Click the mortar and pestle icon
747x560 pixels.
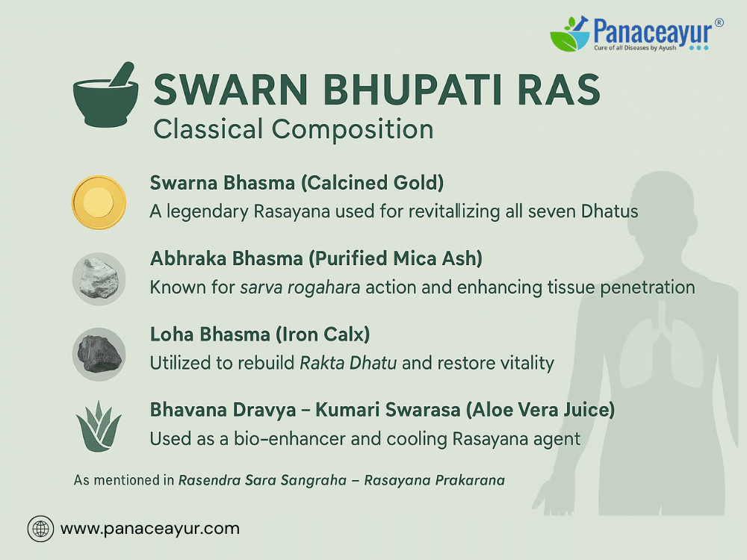(x=105, y=96)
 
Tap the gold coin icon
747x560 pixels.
(x=99, y=202)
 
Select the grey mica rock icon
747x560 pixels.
(x=99, y=279)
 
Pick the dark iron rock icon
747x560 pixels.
(x=99, y=354)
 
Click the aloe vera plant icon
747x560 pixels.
(x=99, y=426)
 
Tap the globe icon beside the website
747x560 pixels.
(x=40, y=529)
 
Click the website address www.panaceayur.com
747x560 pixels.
(x=149, y=529)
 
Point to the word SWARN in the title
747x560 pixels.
(x=231, y=90)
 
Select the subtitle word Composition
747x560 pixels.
(x=353, y=129)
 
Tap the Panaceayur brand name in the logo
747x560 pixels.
(x=653, y=31)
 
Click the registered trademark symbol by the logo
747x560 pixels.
(x=719, y=22)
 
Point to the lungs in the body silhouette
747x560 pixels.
(x=661, y=350)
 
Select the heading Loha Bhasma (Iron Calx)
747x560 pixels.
(x=260, y=335)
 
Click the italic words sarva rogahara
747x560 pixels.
(x=300, y=287)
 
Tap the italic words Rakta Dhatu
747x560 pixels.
(x=348, y=363)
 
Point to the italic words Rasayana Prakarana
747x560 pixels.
(x=435, y=480)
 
